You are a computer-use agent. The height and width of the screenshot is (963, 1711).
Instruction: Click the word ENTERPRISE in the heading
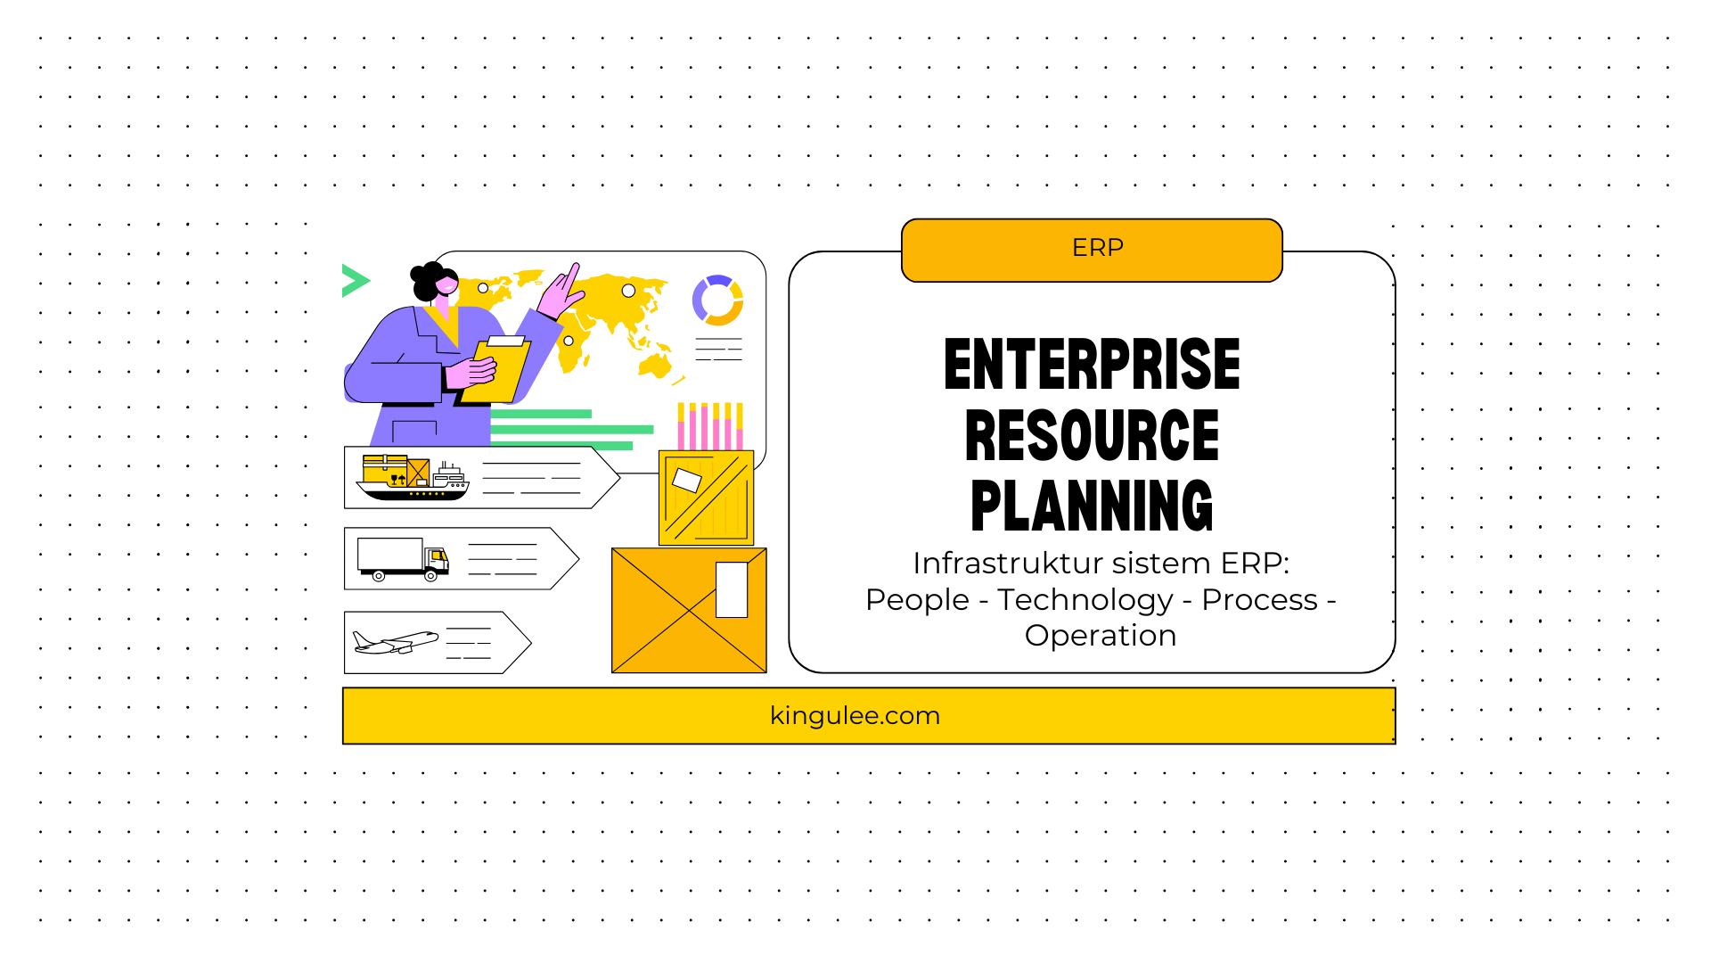[1092, 365]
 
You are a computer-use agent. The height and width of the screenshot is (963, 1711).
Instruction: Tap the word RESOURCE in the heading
[1092, 435]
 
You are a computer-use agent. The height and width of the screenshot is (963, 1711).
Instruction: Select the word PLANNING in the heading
[1092, 506]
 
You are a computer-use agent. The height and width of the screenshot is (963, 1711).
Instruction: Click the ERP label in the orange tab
[1097, 248]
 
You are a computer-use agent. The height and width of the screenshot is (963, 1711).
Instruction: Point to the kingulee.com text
[855, 716]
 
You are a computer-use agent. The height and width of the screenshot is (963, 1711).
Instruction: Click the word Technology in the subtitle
[1085, 601]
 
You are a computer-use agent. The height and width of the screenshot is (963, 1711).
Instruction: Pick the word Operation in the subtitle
[1101, 637]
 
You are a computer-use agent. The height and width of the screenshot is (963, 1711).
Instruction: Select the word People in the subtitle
[917, 601]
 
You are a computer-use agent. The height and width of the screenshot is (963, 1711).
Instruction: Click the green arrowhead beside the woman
[355, 281]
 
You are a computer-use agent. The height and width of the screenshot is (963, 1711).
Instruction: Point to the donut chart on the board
[717, 300]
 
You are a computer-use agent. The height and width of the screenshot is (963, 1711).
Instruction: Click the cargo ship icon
[413, 477]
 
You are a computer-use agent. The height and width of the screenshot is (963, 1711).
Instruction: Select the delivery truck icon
[403, 559]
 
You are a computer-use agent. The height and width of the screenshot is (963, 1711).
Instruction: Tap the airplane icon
[396, 642]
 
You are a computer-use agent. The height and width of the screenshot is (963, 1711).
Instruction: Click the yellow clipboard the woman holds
[495, 370]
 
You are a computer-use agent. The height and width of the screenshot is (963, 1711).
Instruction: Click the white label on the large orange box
[732, 589]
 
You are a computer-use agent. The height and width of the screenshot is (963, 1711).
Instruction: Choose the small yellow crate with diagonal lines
[706, 498]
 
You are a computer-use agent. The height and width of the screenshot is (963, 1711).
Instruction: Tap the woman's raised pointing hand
[561, 292]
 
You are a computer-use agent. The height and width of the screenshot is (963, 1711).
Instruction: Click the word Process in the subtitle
[1259, 601]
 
